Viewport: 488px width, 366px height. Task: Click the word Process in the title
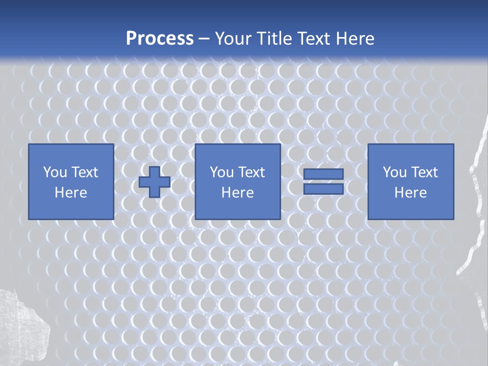[x=160, y=39]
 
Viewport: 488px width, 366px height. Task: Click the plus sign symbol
[x=155, y=182]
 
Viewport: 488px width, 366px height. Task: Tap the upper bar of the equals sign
[x=323, y=174]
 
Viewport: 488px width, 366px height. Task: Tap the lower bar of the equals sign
[x=323, y=189]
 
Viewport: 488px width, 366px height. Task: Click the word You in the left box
[x=55, y=172]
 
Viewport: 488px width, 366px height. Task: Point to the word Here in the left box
[x=71, y=193]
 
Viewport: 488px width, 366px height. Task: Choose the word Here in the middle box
[x=237, y=193]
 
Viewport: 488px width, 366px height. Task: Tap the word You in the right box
[x=394, y=172]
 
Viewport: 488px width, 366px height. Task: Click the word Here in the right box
[x=410, y=193]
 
